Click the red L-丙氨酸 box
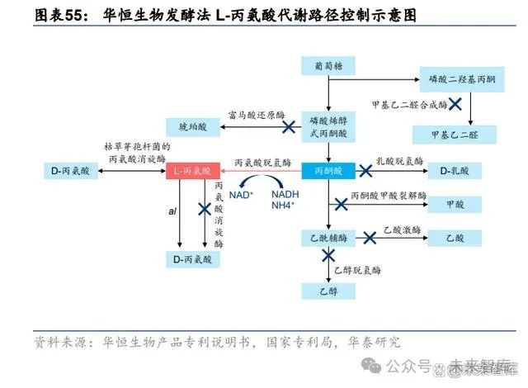[x=191, y=171]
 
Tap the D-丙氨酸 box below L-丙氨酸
[x=192, y=259]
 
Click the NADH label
[x=285, y=191]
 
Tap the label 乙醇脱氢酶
[x=357, y=269]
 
